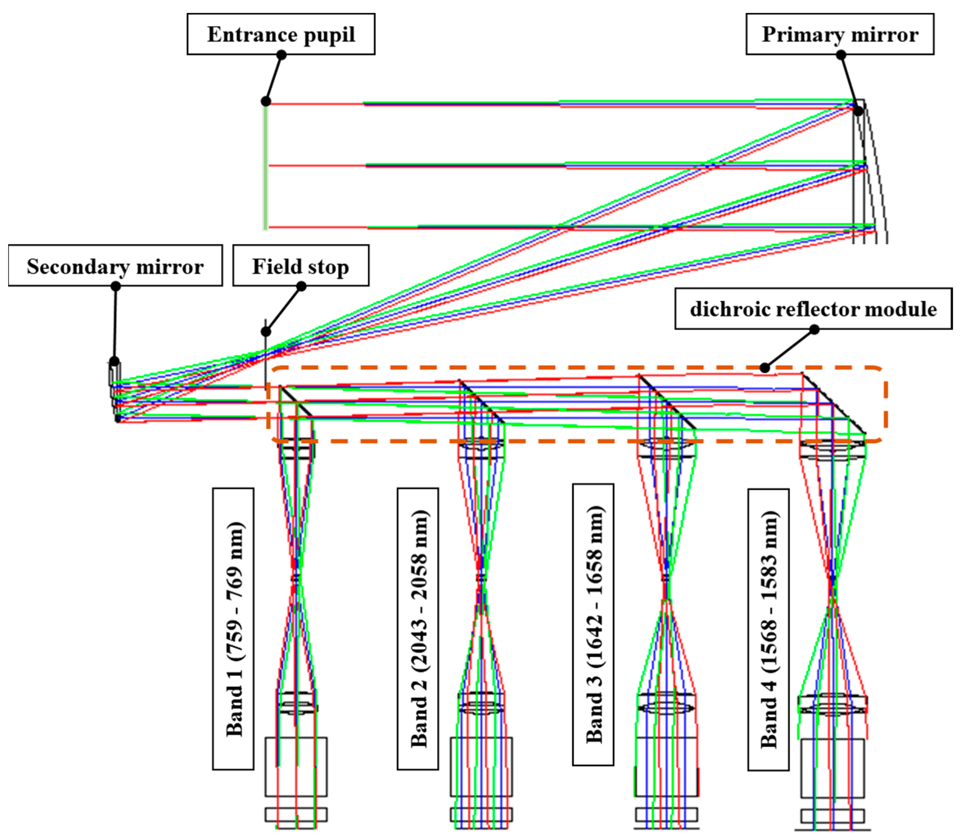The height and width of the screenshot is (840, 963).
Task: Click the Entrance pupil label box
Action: point(281,34)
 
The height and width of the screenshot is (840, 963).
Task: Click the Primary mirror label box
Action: point(840,34)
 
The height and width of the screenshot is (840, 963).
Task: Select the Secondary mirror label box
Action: point(115,266)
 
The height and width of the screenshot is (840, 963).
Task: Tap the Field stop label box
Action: point(301,266)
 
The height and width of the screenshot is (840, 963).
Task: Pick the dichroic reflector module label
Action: point(814,309)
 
